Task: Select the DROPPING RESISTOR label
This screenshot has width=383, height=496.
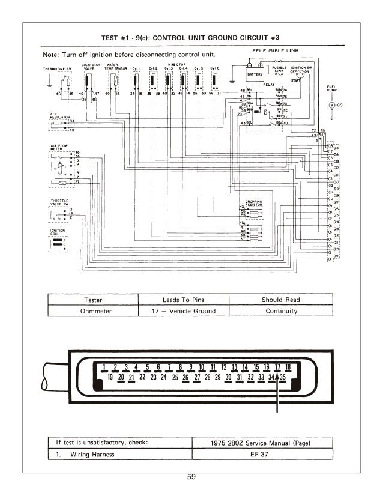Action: point(254,202)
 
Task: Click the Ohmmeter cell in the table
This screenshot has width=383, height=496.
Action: point(92,311)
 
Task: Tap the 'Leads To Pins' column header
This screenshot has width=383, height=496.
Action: point(184,300)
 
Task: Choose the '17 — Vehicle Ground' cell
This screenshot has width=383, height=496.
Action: point(184,311)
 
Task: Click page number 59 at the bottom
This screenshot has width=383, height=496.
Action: point(191,477)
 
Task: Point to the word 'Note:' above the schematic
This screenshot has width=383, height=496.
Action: point(52,54)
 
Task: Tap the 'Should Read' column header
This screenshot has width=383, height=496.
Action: point(281,300)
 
